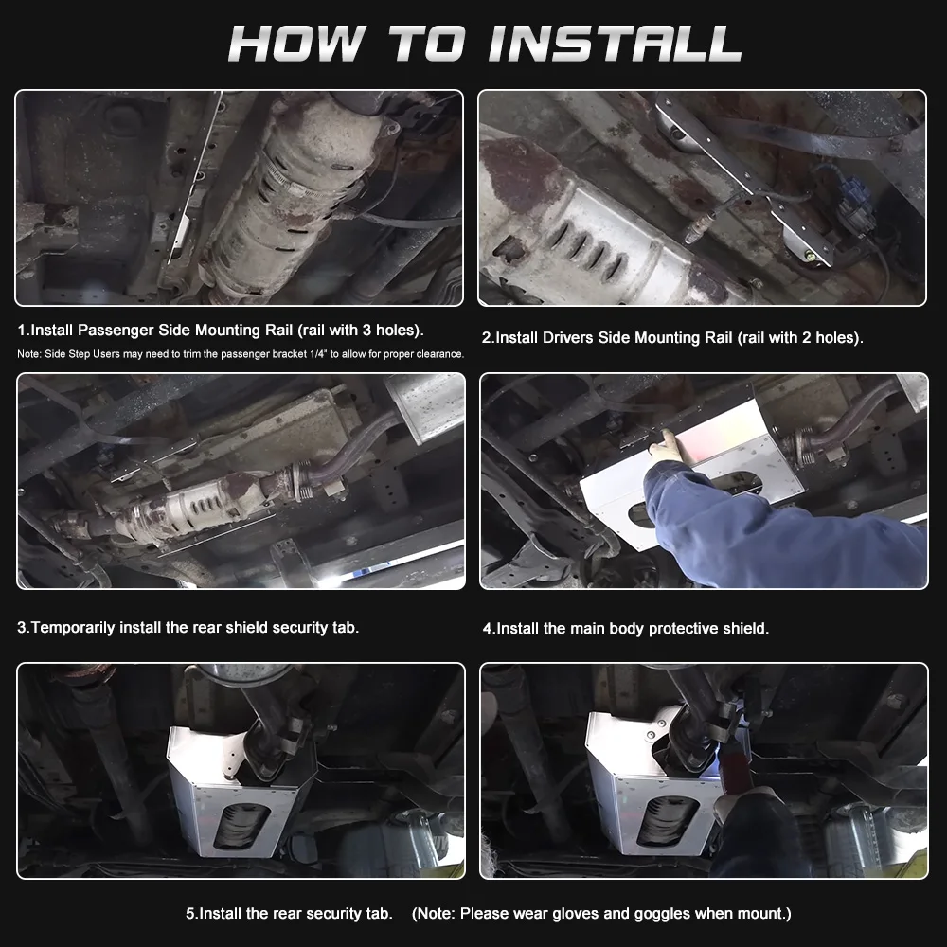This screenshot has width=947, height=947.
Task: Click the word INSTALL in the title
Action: click(615, 44)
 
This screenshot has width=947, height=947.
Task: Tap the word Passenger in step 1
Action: click(116, 331)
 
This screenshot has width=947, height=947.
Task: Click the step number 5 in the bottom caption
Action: click(190, 914)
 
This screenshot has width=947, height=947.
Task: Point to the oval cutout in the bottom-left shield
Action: click(241, 826)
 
